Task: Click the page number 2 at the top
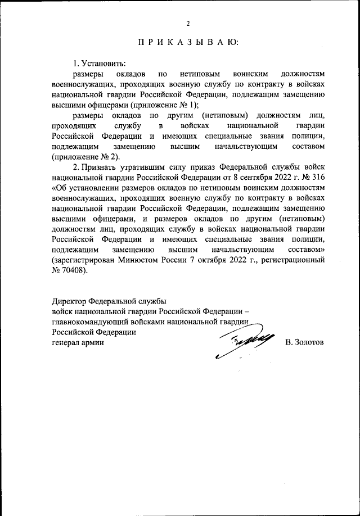coord(188,23)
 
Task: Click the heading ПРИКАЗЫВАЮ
coord(188,42)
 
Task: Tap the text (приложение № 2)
coord(87,157)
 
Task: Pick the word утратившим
coord(141,168)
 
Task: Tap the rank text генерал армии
coord(78,343)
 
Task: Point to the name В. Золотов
coord(304,342)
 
